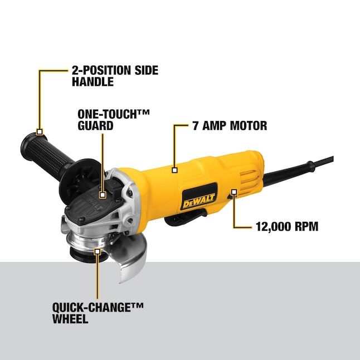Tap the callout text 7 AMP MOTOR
tap(230, 126)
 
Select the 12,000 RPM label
tap(287, 227)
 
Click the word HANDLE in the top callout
tap(93, 82)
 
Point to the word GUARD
tap(95, 126)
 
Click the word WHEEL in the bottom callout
tap(70, 319)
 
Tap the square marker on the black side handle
tap(40, 132)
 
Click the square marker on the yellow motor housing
tap(175, 169)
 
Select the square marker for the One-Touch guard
tap(103, 195)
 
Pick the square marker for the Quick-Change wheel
tap(98, 252)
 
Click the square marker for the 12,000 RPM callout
tap(234, 193)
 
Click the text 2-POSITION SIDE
tap(115, 70)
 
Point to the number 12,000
tap(273, 227)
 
